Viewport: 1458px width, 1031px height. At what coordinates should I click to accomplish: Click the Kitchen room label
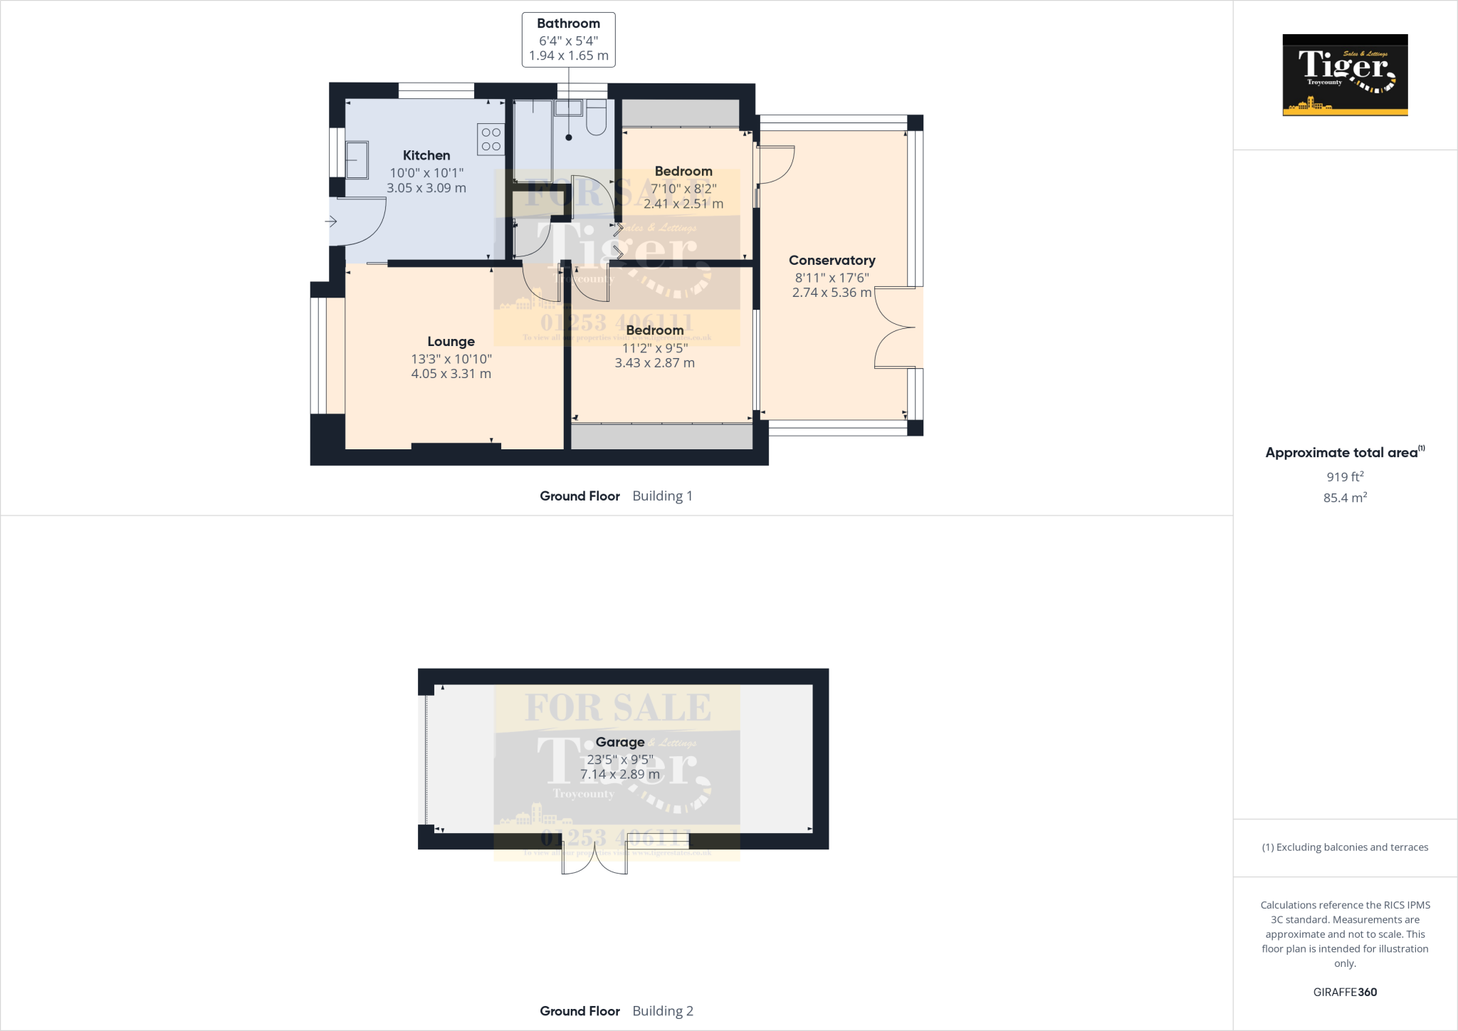426,155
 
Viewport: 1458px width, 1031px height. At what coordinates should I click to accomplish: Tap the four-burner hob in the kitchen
491,140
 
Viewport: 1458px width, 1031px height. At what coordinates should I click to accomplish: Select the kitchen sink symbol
357,159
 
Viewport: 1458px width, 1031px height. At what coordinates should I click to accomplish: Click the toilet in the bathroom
596,118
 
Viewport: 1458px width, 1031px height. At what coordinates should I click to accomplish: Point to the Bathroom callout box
568,40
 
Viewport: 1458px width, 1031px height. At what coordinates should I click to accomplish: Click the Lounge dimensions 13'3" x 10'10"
451,359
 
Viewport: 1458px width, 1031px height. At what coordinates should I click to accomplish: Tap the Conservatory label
832,261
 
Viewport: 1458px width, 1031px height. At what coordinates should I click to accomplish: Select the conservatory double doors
896,328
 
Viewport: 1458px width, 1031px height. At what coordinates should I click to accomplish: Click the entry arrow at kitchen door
331,221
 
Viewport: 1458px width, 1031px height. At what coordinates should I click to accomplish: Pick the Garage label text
619,742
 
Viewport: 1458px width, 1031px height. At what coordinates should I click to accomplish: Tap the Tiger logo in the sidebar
1345,75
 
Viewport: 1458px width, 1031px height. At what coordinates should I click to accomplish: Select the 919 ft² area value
1345,476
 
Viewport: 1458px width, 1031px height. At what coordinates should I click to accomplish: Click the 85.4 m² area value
1345,498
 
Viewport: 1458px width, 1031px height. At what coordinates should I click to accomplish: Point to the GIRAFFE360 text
1345,992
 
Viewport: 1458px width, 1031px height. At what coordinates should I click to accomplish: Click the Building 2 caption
662,1010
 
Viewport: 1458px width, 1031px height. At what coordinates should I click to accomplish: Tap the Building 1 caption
662,496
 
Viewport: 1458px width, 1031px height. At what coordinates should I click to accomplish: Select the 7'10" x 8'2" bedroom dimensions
683,189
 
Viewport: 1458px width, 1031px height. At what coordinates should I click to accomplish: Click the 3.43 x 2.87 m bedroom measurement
654,362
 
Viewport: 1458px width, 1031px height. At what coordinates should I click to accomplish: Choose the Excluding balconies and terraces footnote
1345,847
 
